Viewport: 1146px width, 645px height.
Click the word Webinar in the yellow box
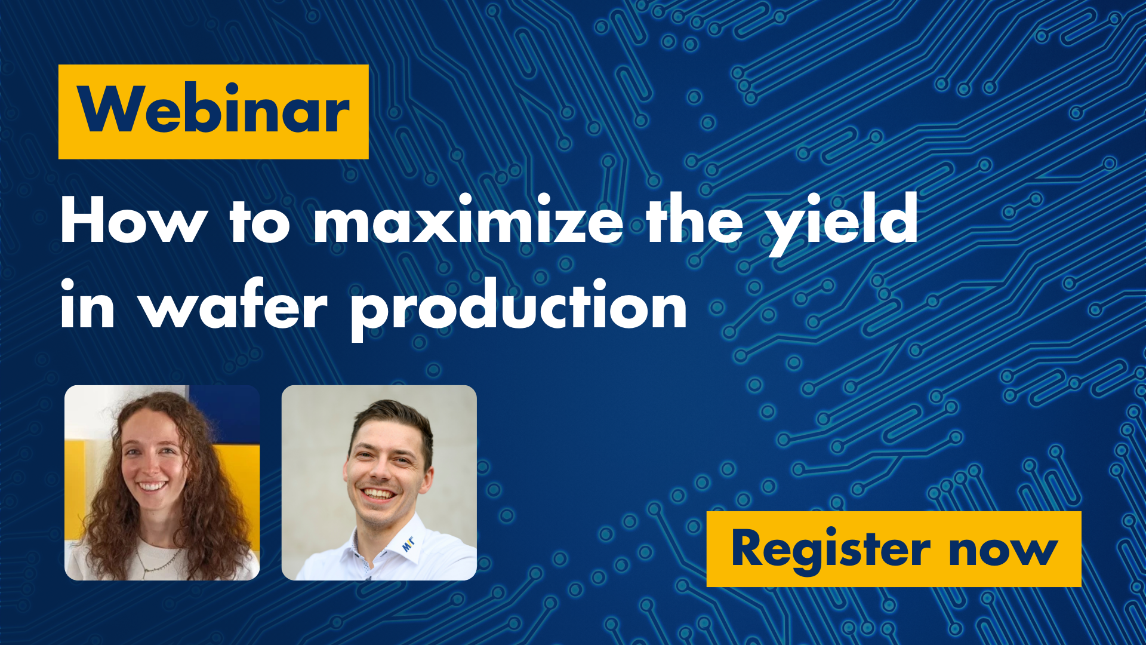point(213,109)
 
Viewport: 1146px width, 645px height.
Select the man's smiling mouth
point(378,493)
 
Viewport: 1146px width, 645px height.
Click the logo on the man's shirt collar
point(408,543)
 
